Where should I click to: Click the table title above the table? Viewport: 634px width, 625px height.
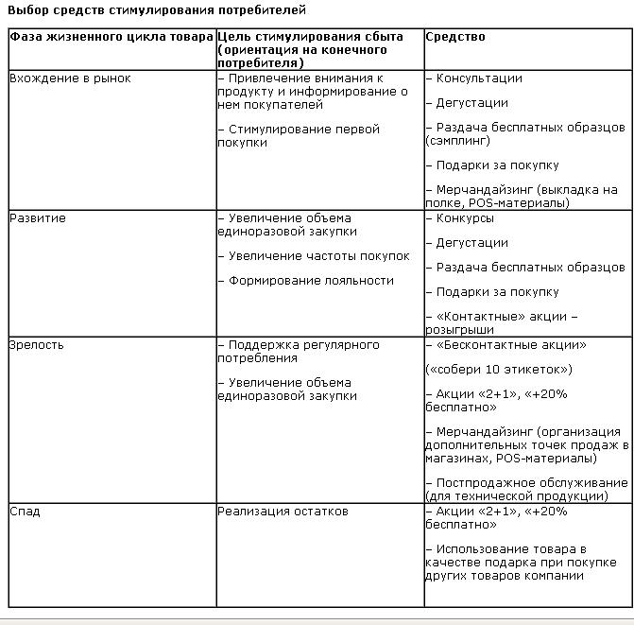tap(157, 9)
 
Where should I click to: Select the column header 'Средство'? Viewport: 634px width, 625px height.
tap(455, 37)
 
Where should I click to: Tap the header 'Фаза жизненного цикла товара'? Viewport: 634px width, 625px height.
tap(111, 37)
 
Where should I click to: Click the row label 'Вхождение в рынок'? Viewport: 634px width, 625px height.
tap(70, 78)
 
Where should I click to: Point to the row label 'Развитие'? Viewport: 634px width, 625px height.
tap(37, 218)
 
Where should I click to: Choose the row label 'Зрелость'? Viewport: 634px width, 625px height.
tap(37, 345)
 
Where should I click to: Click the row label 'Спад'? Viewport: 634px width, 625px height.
tap(25, 512)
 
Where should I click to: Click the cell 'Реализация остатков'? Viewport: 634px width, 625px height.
tap(283, 512)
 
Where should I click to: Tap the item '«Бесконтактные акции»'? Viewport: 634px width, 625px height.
tap(511, 345)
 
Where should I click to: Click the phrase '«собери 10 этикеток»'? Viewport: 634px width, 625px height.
tap(499, 370)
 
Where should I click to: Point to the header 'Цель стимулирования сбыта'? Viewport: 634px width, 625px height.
tap(310, 37)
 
